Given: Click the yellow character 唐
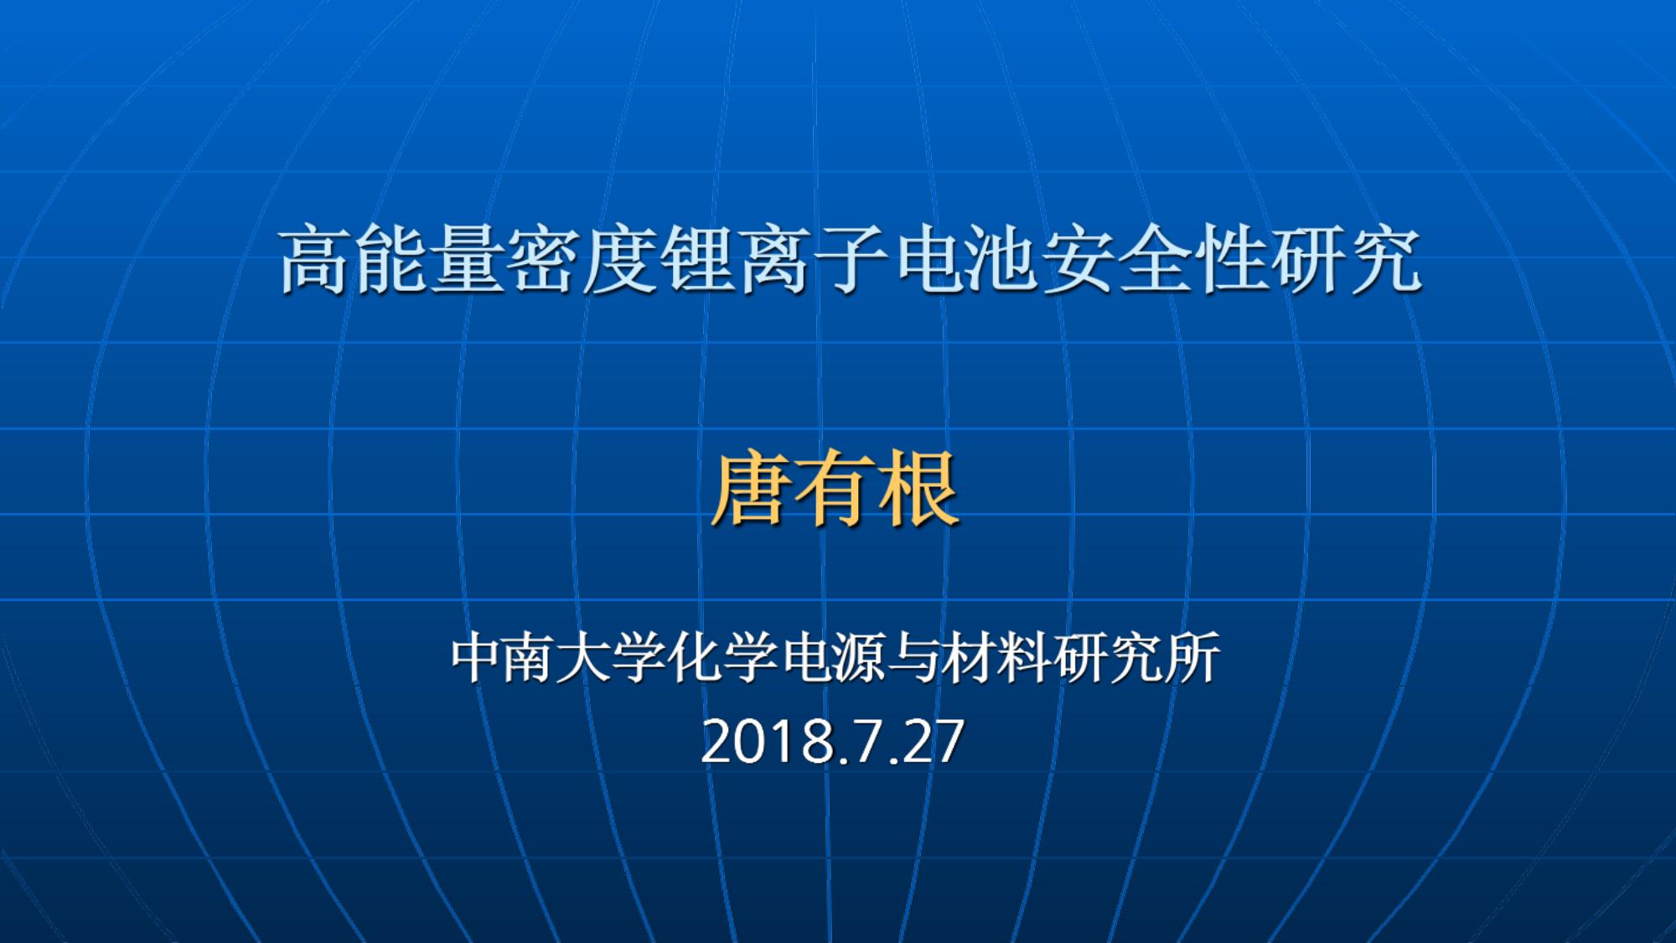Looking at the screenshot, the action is tap(751, 490).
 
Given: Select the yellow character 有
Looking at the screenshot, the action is tap(835, 490).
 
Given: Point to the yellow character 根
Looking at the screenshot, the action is tap(918, 490).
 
